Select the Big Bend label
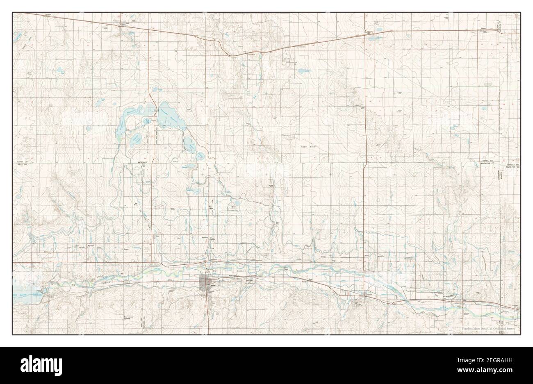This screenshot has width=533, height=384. [x=135, y=204]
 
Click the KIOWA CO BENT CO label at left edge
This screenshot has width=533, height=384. [x=25, y=164]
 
